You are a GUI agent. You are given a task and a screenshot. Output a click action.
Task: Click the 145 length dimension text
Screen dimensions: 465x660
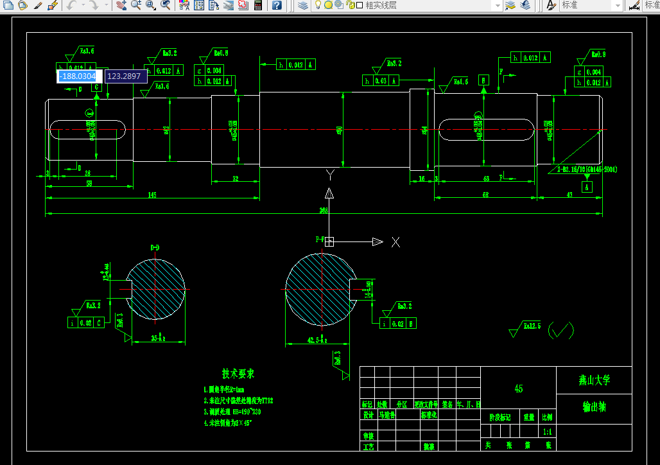pos(152,195)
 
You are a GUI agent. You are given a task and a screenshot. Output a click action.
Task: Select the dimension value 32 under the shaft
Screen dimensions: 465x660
pos(236,179)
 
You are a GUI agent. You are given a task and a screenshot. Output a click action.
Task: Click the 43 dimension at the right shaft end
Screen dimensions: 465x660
pos(569,195)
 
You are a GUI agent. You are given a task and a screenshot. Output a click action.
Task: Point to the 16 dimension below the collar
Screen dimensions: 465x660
pos(422,179)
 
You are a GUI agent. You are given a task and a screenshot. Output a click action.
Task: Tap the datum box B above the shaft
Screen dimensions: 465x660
pos(483,80)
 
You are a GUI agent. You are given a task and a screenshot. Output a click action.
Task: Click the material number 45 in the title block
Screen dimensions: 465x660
pos(518,389)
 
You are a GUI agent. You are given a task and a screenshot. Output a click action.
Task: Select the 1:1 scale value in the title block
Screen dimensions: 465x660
pos(548,432)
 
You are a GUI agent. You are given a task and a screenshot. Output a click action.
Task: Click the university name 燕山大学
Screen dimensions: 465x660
pos(594,380)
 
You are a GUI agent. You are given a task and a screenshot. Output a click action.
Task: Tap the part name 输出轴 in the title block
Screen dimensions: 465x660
pos(594,407)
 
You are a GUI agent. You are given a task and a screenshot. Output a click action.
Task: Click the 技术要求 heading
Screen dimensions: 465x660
pos(238,374)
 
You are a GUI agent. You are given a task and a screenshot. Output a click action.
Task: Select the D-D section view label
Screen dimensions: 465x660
pos(155,247)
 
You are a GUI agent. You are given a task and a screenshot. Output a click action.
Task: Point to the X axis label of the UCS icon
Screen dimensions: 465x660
pos(396,241)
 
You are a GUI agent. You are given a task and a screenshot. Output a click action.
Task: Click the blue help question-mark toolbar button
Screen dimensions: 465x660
pos(277,5)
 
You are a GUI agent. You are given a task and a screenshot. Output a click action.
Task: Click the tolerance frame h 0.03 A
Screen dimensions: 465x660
pos(381,80)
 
